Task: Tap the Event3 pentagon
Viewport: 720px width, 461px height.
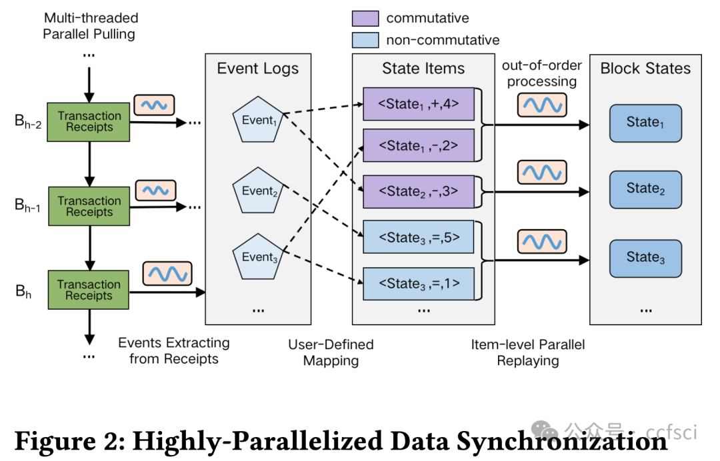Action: coord(258,256)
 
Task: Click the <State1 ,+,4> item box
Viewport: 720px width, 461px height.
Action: coord(419,105)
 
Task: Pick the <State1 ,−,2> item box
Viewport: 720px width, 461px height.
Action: coord(419,147)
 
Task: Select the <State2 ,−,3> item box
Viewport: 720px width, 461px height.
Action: coord(419,191)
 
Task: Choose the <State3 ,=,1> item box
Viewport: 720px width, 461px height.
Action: coord(419,284)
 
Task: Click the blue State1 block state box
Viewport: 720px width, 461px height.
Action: coord(645,123)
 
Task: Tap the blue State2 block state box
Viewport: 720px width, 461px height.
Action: coord(645,190)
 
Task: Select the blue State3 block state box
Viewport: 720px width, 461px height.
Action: coord(645,258)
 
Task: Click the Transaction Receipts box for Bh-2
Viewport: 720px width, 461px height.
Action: coord(89,122)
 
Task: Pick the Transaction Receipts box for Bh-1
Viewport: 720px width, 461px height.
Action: coord(89,207)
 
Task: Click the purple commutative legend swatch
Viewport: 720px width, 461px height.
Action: coord(365,18)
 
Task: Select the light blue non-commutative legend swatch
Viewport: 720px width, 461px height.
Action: coord(365,40)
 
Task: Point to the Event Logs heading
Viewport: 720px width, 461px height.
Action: coord(258,69)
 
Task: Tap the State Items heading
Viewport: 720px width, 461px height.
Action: coord(423,69)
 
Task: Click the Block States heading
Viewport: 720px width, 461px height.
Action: coord(645,69)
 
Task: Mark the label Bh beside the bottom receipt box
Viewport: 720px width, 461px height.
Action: coord(23,290)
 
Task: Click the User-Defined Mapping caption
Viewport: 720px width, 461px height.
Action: coord(331,352)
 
